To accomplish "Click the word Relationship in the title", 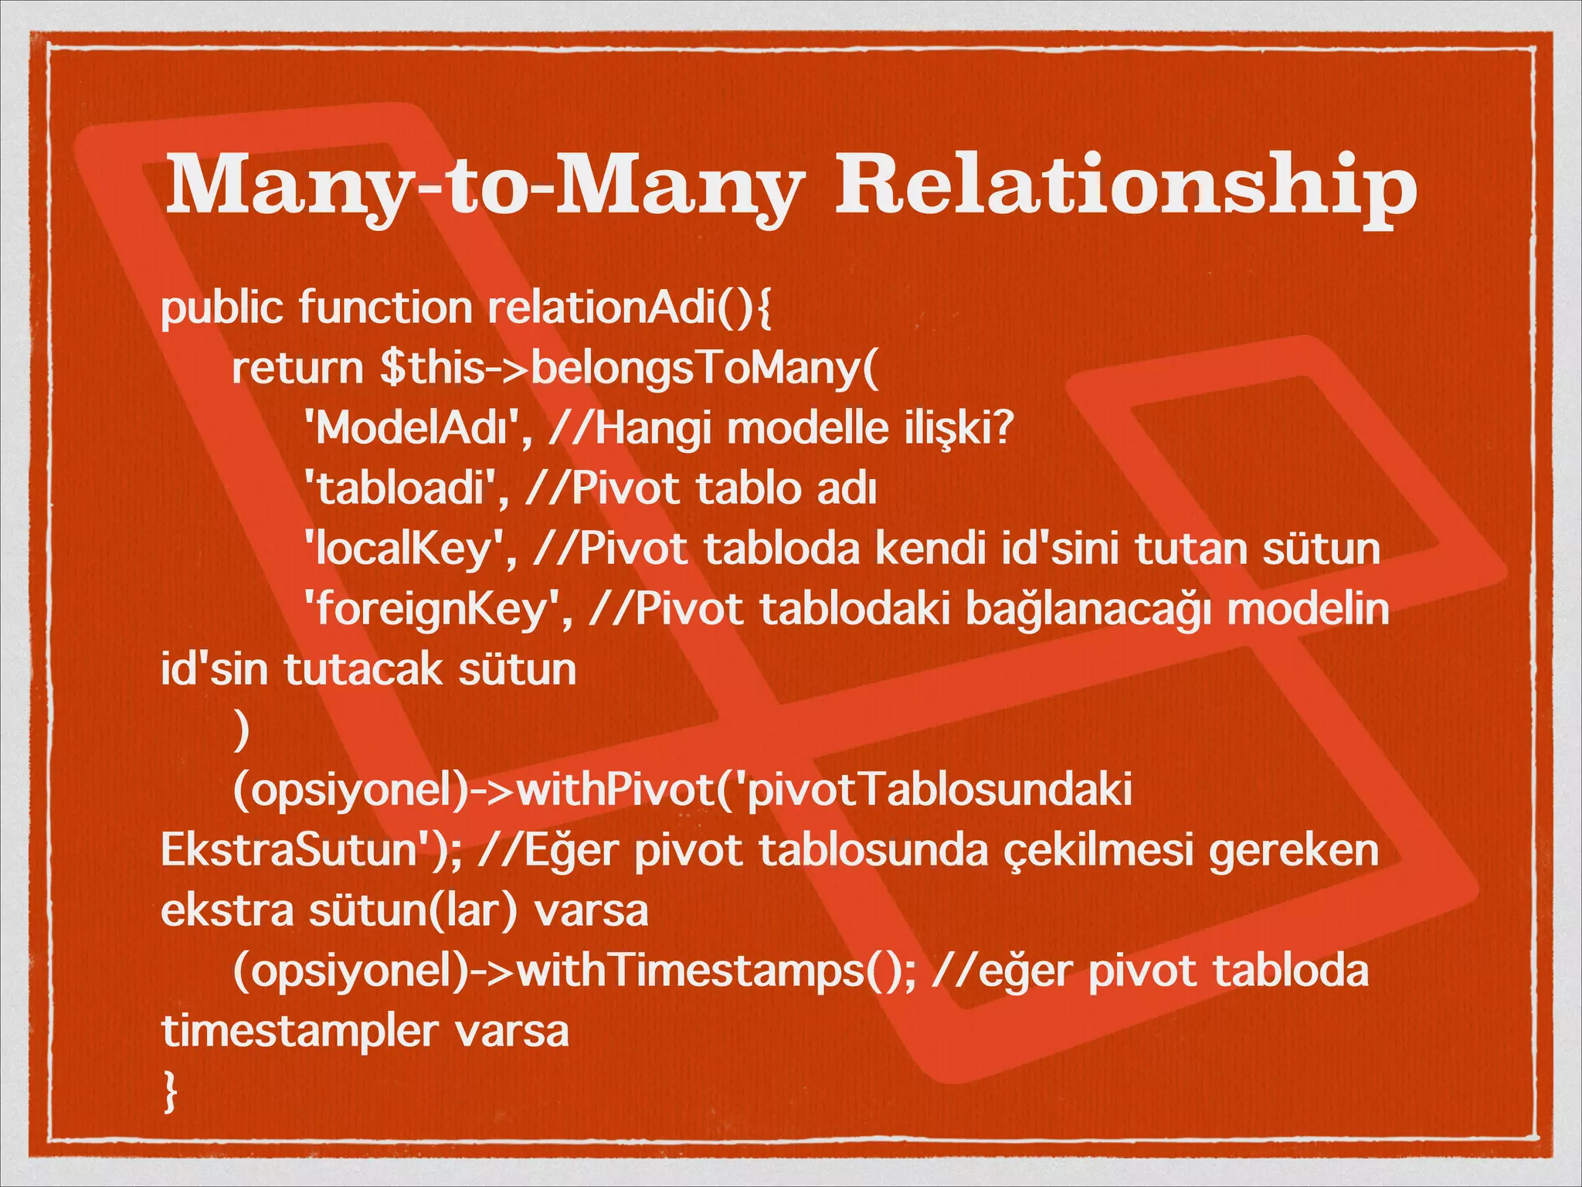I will point(1125,187).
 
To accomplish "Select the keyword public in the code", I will point(222,308).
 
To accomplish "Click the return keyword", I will point(297,368).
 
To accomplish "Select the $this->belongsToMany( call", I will point(630,368).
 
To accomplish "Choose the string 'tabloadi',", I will point(406,489).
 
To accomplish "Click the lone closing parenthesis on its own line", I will point(242,731).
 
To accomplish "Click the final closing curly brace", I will point(171,1092).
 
